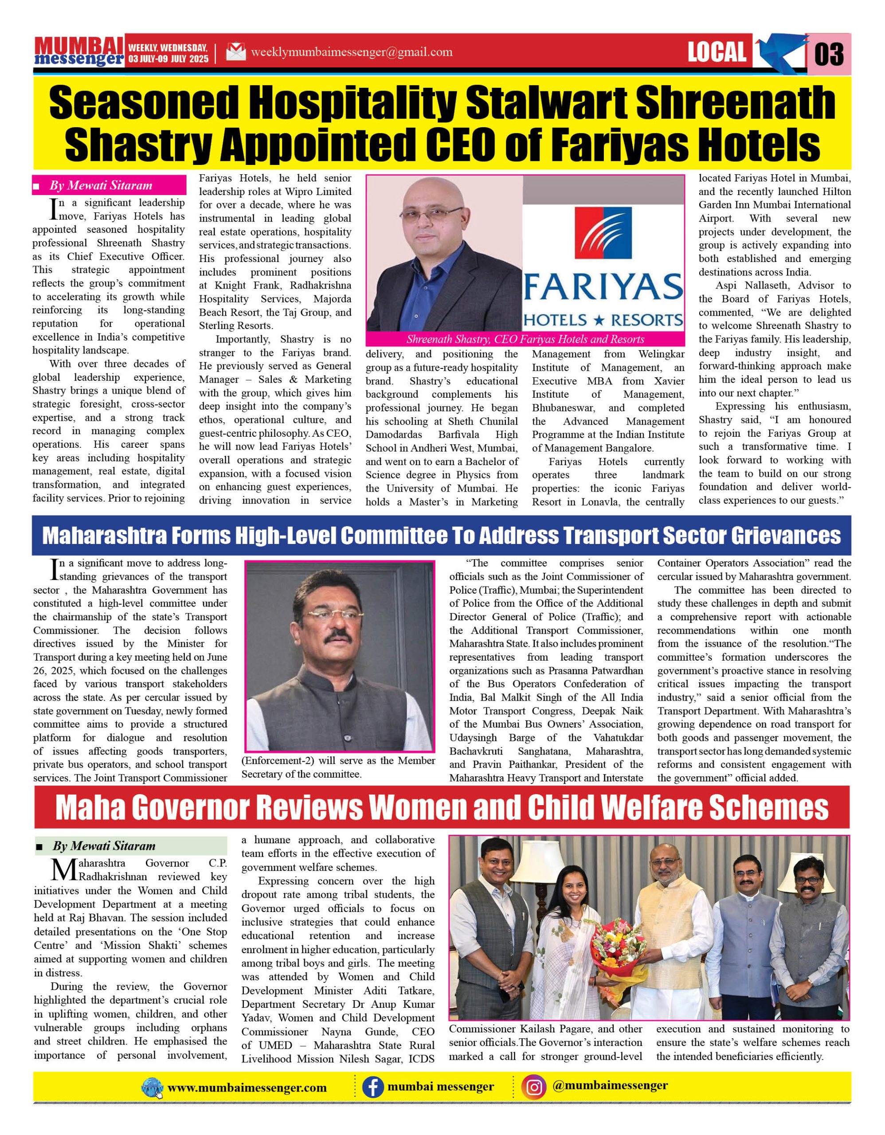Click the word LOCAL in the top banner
tap(717, 52)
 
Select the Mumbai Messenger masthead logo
tap(79, 52)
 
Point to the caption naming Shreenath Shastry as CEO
tap(525, 339)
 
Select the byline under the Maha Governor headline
tap(104, 845)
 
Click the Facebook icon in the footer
tap(372, 1087)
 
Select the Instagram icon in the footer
tap(534, 1087)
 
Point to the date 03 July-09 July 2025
tap(168, 59)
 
